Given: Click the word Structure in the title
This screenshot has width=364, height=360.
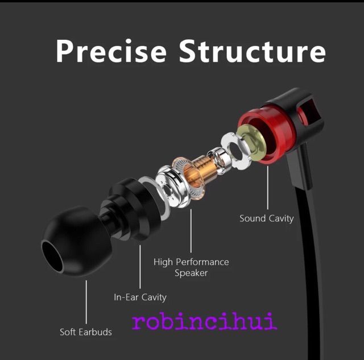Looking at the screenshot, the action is click(x=252, y=51).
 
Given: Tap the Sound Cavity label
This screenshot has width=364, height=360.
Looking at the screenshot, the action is click(x=266, y=218).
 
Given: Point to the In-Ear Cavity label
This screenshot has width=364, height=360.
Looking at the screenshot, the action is click(x=140, y=297).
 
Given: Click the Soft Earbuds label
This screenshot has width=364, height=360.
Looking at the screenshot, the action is click(x=86, y=332).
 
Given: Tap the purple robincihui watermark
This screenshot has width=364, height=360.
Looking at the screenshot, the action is click(x=204, y=322).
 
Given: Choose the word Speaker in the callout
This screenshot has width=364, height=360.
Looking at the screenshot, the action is click(x=191, y=273).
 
